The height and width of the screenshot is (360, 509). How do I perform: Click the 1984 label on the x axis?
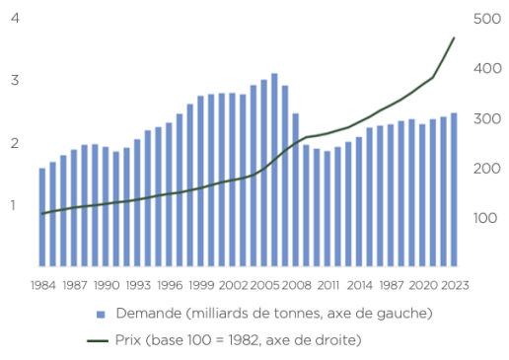(43, 285)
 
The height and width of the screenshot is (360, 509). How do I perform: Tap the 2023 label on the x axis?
(455, 285)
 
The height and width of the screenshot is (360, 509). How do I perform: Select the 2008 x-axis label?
(296, 285)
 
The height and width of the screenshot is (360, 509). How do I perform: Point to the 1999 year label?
(201, 285)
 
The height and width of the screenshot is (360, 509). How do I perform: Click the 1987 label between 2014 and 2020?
(392, 285)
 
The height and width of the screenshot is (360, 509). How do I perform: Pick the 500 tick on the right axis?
(487, 19)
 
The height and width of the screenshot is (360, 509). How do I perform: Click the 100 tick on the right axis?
(485, 218)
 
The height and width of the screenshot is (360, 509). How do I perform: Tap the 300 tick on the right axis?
(487, 118)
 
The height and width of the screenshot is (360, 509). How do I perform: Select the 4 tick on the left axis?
(15, 18)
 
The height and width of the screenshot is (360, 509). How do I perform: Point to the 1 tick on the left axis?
(13, 205)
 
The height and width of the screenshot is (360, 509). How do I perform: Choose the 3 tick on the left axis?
(15, 80)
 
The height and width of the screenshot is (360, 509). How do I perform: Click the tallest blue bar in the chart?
(274, 170)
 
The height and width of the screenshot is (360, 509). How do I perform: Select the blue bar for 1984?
(42, 217)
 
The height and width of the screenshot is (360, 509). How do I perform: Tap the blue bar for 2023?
(454, 189)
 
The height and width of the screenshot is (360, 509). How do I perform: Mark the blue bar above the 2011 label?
(327, 209)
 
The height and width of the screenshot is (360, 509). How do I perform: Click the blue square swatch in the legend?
(101, 315)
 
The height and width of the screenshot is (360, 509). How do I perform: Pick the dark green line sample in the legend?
(98, 341)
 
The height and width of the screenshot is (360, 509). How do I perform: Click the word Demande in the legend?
(149, 313)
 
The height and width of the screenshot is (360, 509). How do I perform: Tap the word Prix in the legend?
(128, 339)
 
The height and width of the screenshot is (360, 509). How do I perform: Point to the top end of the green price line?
(454, 37)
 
